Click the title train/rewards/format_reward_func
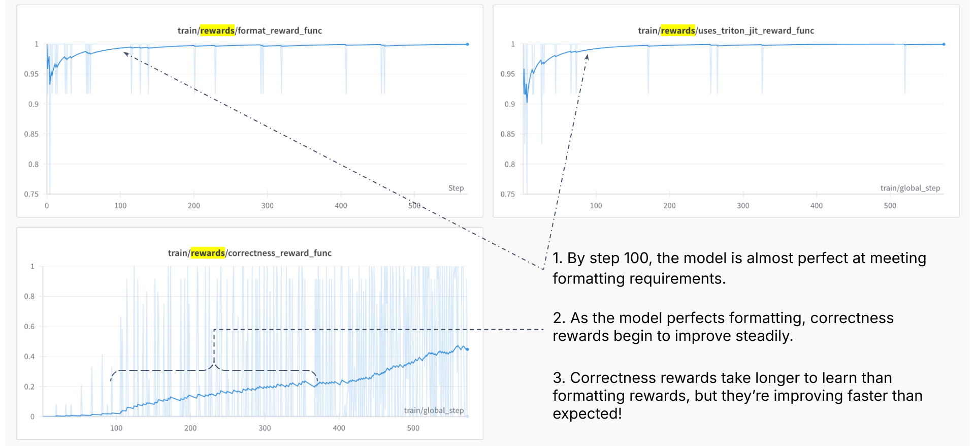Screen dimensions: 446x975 pos(249,30)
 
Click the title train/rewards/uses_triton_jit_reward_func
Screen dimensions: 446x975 pos(726,30)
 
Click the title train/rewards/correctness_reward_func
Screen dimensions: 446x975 pos(249,253)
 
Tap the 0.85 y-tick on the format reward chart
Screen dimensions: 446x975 pos(31,134)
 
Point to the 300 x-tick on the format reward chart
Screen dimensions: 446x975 pos(267,206)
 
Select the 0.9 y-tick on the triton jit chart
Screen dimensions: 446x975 pos(509,104)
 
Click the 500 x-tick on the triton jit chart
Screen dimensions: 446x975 pos(890,206)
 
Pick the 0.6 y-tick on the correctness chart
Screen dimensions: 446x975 pos(29,327)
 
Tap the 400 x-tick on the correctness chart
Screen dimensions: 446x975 pos(339,428)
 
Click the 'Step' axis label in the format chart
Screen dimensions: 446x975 pos(456,188)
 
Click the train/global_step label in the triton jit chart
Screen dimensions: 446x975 pos(910,188)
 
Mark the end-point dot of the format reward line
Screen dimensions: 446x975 pos(467,44)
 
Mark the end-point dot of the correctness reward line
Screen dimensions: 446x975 pos(467,349)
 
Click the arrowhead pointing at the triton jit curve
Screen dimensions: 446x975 pos(587,56)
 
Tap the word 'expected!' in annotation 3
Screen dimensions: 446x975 pos(587,413)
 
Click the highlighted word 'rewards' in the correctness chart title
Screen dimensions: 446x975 pos(208,253)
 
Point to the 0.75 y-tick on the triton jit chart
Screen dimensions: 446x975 pos(507,194)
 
